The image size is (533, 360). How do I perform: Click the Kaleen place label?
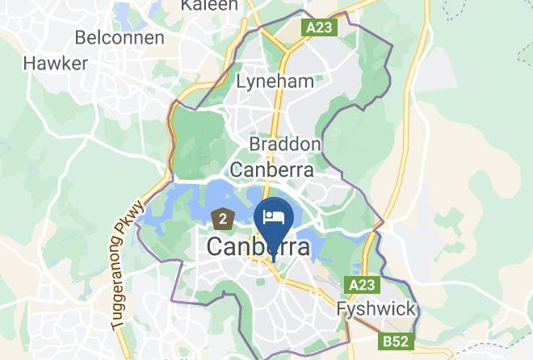coord(209,6)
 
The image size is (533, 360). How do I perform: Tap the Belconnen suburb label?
coord(120,37)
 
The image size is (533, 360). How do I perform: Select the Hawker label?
coord(55,63)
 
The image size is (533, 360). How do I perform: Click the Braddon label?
coord(284,144)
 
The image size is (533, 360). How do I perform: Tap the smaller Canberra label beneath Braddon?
coord(272,170)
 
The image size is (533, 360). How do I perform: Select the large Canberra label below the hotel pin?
coord(258,247)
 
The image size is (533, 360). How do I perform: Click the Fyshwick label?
coord(376,308)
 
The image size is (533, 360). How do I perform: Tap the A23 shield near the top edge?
coord(320,27)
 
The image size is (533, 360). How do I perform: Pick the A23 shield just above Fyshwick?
coord(363,285)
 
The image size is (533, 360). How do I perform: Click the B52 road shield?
coord(395,341)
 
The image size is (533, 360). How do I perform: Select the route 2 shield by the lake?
coord(223,217)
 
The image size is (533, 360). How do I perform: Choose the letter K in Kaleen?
coord(187,6)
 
